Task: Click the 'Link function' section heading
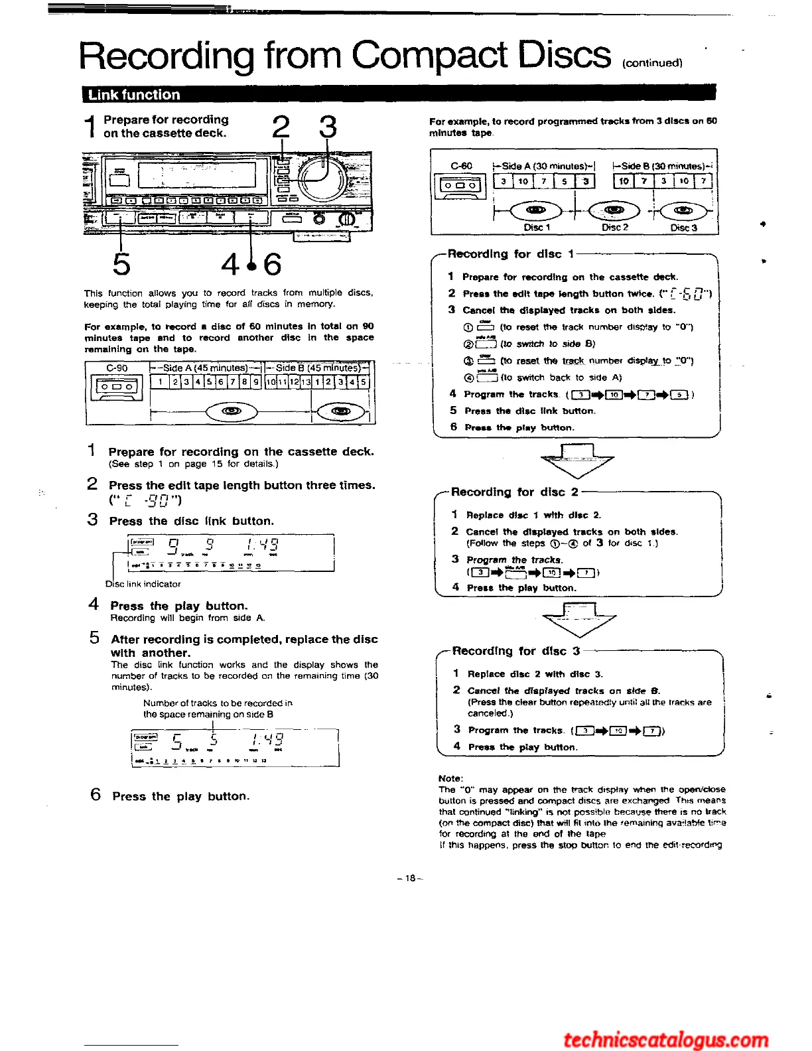click(x=134, y=95)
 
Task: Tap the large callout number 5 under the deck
click(x=121, y=263)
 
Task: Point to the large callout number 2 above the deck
click(x=281, y=127)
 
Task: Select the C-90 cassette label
click(x=117, y=368)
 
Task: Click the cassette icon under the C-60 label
click(x=458, y=186)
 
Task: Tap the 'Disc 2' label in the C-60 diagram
click(x=614, y=228)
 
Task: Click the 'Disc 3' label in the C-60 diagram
click(x=683, y=228)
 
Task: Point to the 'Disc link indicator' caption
click(x=143, y=584)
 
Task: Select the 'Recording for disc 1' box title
click(x=511, y=254)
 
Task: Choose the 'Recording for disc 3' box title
click(x=516, y=651)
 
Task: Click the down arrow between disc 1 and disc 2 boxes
click(x=577, y=461)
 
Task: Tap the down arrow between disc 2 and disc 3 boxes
click(x=579, y=620)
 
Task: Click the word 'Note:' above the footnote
click(x=451, y=778)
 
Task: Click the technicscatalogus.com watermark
click(x=665, y=1039)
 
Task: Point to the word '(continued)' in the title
click(x=652, y=63)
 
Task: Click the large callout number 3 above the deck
click(x=328, y=127)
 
